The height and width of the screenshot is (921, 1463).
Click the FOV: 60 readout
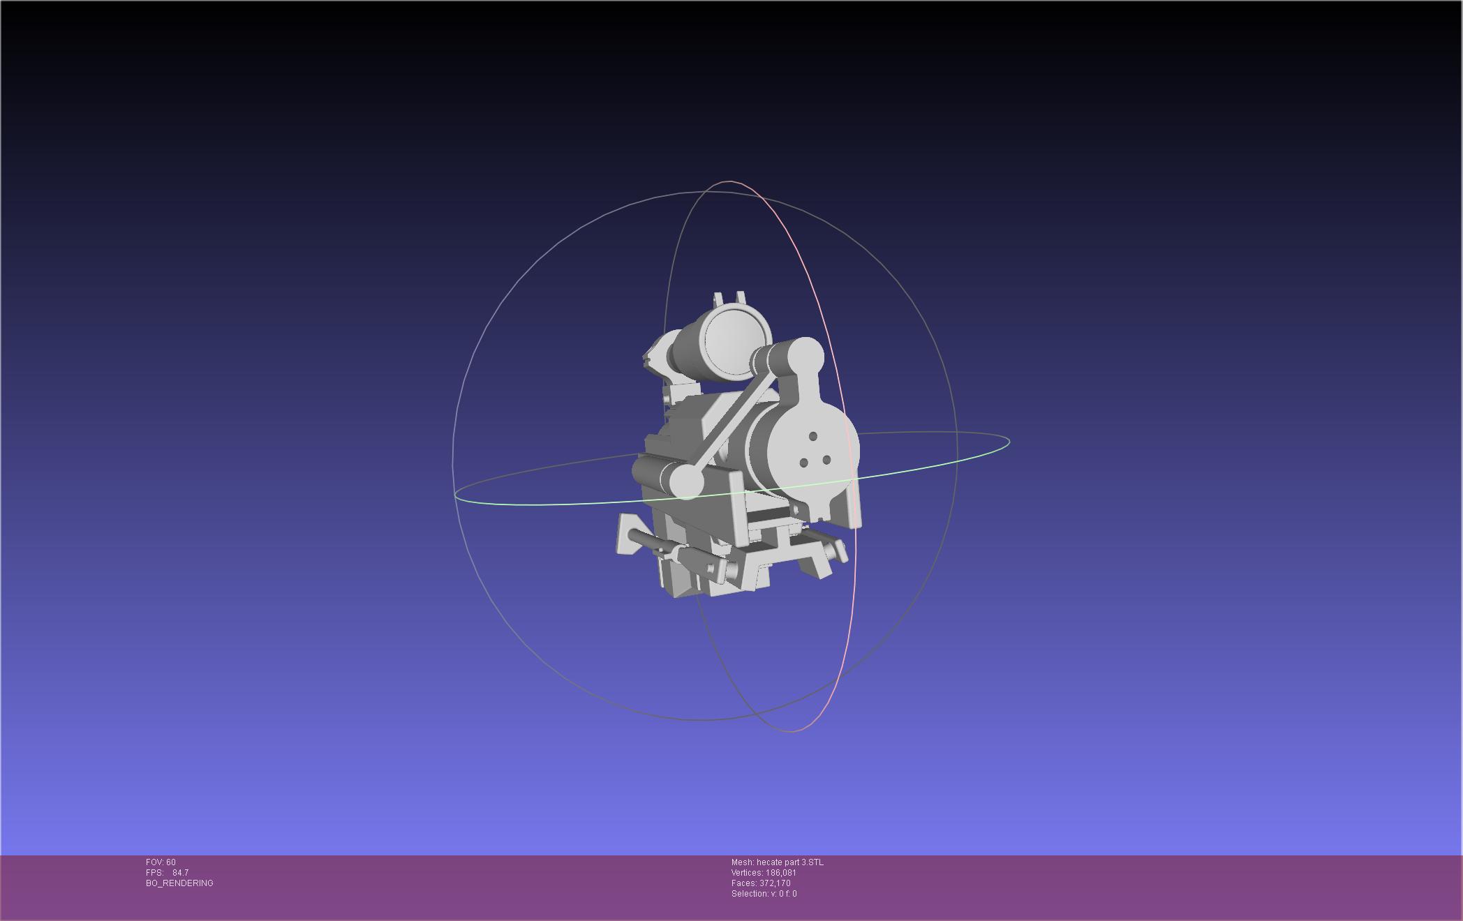(161, 862)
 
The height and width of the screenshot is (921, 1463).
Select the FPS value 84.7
(180, 873)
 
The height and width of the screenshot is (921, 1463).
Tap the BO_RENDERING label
(179, 883)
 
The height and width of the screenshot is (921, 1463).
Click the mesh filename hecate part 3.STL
(789, 862)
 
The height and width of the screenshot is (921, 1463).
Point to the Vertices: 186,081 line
(764, 873)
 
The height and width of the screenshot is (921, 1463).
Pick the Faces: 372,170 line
(761, 883)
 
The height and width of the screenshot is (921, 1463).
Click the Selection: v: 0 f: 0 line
(764, 894)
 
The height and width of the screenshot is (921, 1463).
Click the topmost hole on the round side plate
(813, 437)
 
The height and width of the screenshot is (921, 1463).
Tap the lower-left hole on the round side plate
(803, 463)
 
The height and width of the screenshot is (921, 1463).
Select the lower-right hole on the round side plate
(826, 460)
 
